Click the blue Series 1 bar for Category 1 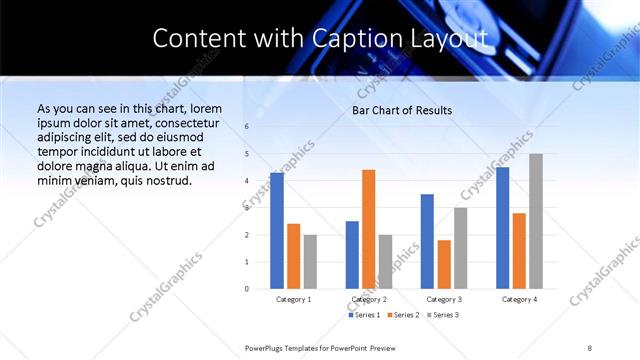tap(277, 231)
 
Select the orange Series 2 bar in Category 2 tap(368, 229)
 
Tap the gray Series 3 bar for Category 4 tap(536, 221)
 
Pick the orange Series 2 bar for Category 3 tap(444, 264)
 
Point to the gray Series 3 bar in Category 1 tap(310, 262)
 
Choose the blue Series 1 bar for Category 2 tap(352, 255)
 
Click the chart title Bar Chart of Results tap(402, 110)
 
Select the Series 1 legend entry tap(364, 315)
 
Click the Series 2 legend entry tap(403, 315)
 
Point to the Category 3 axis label tap(443, 299)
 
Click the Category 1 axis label tap(293, 299)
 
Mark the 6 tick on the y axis tap(246, 127)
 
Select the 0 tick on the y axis tap(246, 289)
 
